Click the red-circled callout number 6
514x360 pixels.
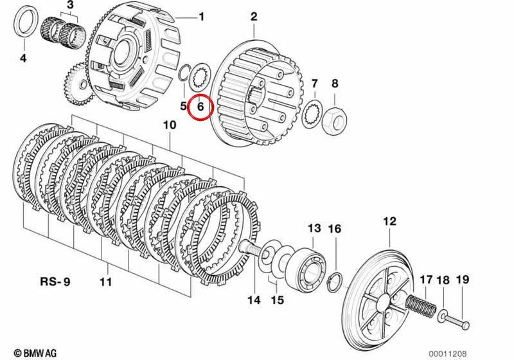click(200, 107)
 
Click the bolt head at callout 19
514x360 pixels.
click(465, 325)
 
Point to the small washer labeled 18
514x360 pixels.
click(442, 315)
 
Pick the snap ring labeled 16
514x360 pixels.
click(335, 282)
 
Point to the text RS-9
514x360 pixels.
click(55, 282)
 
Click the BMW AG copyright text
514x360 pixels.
click(35, 353)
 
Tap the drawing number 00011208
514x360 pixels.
click(447, 354)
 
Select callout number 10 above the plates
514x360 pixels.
click(170, 125)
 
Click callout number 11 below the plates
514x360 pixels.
click(106, 282)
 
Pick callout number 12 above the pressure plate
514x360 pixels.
click(390, 221)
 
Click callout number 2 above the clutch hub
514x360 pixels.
click(254, 17)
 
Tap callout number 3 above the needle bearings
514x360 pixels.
click(71, 5)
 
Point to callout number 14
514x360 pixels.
click(254, 300)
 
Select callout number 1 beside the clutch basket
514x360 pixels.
click(201, 17)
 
